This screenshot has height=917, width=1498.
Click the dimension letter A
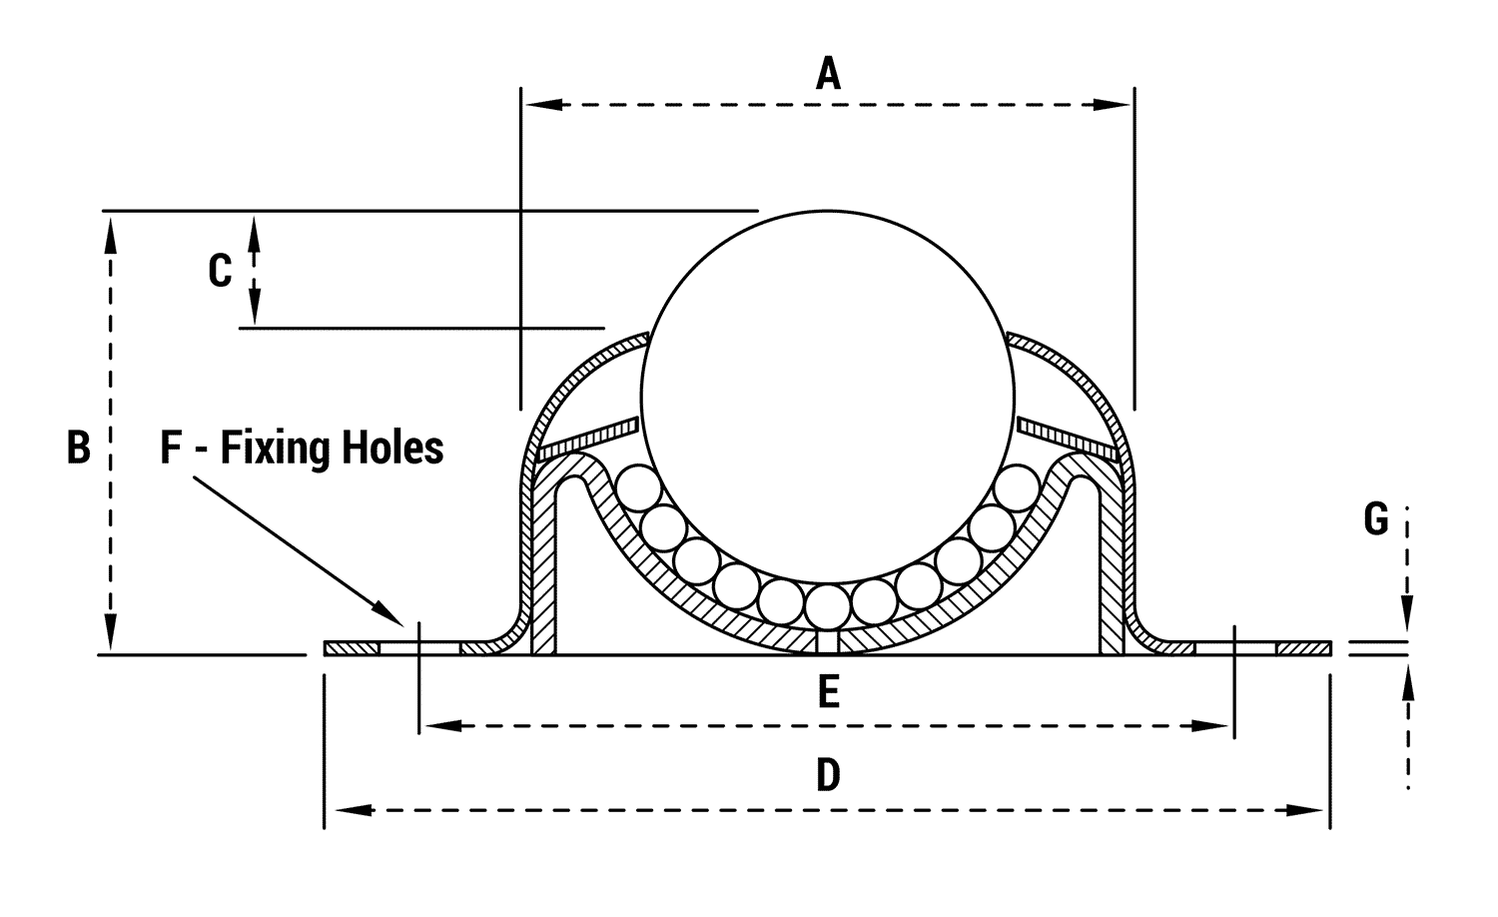[x=828, y=74]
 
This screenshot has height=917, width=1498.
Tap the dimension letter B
[x=78, y=448]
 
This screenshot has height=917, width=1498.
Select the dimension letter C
[x=220, y=271]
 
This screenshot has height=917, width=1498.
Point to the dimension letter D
[x=828, y=775]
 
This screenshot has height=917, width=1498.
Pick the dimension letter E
[x=828, y=692]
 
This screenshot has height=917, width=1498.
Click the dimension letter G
[x=1376, y=519]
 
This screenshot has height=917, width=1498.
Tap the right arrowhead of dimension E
[x=1212, y=726]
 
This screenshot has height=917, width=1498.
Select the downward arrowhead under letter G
[x=1407, y=614]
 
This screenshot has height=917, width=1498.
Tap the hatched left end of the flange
[x=352, y=649]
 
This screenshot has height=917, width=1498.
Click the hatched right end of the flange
[x=1303, y=649]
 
